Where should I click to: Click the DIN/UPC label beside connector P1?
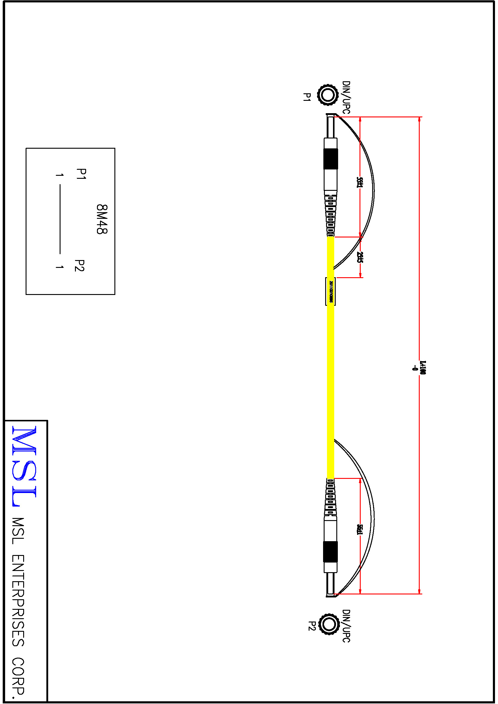click(x=346, y=97)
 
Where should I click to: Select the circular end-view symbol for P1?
click(x=328, y=95)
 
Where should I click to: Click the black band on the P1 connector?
click(x=331, y=159)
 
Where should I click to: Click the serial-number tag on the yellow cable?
click(x=331, y=291)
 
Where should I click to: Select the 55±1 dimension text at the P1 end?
click(x=360, y=182)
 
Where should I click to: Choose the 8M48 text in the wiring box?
click(x=102, y=219)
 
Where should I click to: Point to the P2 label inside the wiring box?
click(x=79, y=265)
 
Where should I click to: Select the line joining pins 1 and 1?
click(x=60, y=219)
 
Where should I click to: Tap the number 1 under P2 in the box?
click(x=60, y=267)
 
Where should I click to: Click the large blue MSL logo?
click(x=24, y=466)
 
